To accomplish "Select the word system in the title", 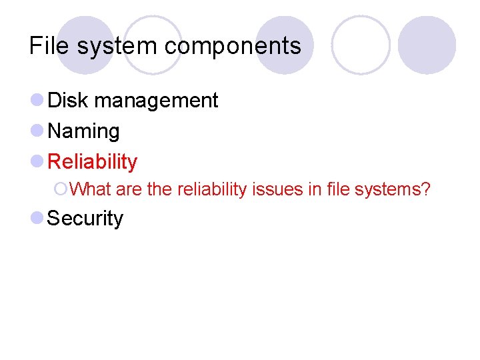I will [118, 47].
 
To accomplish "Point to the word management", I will [156, 101].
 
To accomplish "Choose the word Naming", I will [84, 131].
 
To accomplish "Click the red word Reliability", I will [93, 162].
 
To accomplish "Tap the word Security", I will [86, 219].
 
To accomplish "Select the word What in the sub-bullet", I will [90, 190].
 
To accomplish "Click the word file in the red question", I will [339, 190].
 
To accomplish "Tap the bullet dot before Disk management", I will [37, 101].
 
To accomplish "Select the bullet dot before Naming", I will [37, 131].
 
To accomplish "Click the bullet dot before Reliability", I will [37, 161].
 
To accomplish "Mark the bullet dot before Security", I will [37, 218].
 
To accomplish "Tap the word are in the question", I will [129, 190].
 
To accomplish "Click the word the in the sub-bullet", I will [159, 190].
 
